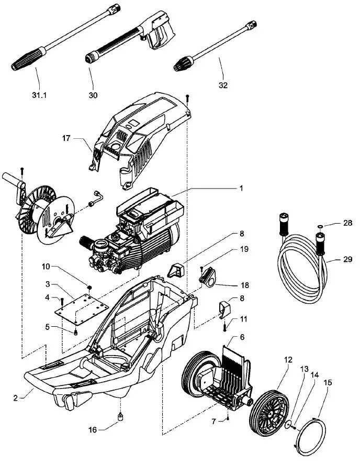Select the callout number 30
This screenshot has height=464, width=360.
pyautogui.click(x=93, y=95)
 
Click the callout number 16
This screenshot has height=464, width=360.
pyautogui.click(x=92, y=429)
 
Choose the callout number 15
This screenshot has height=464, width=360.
pyautogui.click(x=328, y=383)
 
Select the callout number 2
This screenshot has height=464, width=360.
pyautogui.click(x=16, y=398)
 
